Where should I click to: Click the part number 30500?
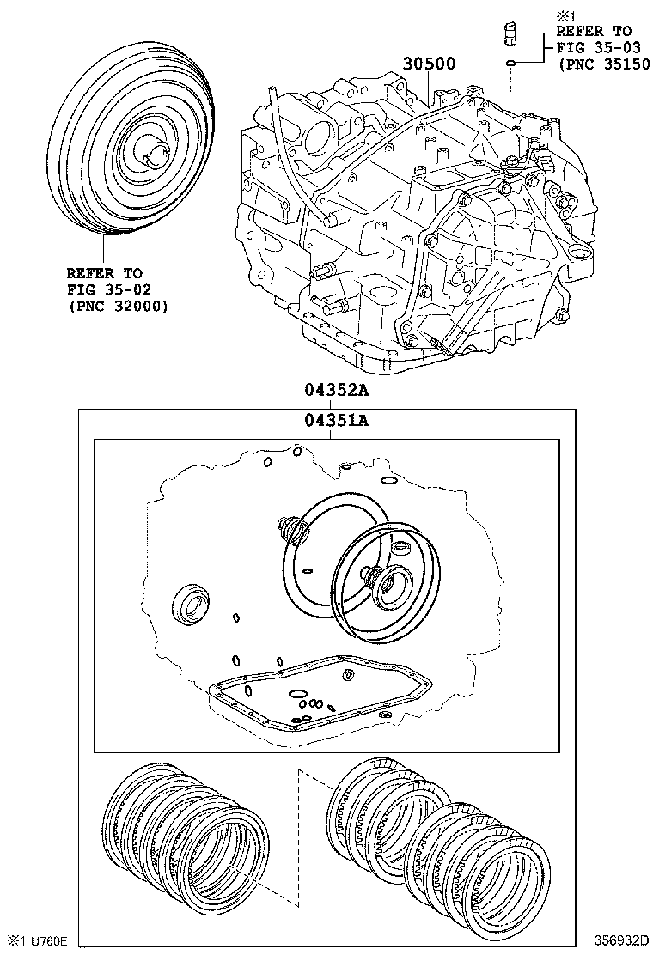point(428,64)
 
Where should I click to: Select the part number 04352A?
point(334,391)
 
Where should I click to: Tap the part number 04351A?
point(334,420)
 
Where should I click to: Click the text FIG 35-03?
point(594,46)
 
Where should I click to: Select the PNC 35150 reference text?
point(601,63)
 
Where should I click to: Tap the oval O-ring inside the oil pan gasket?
point(296,693)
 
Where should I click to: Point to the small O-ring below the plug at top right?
point(510,63)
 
